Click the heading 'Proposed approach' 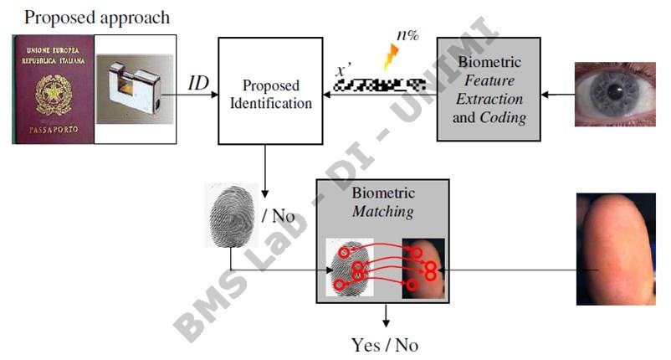tap(96, 16)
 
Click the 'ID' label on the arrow tap(197, 82)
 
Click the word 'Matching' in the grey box tap(382, 211)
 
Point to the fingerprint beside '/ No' tap(230, 215)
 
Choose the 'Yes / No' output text tap(385, 344)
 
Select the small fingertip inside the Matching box tap(423, 269)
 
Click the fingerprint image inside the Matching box tap(351, 269)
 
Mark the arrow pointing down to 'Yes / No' tap(385, 316)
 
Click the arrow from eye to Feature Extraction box tap(557, 95)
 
